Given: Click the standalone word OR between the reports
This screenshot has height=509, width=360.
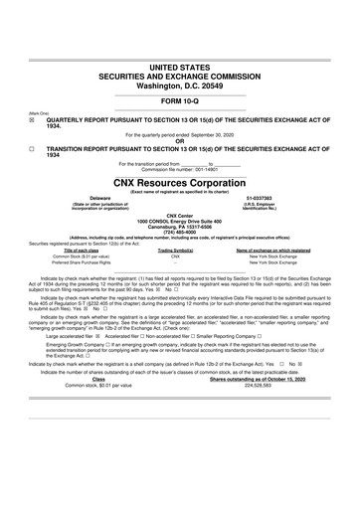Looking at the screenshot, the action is (179, 140).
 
